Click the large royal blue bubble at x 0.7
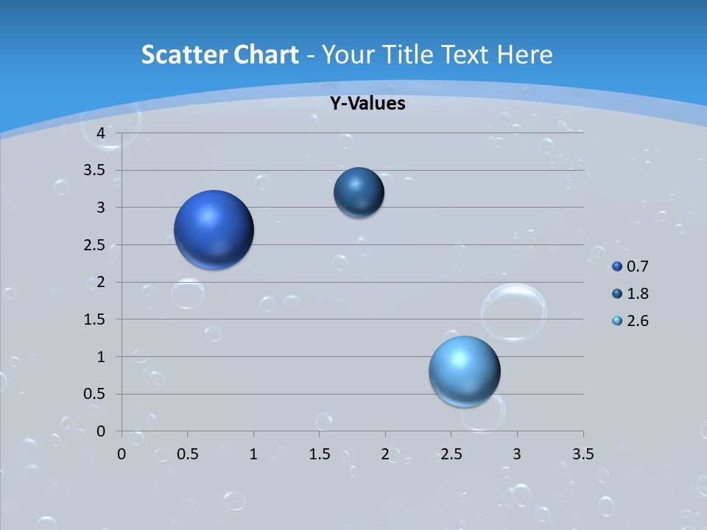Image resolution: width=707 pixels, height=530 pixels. point(214,230)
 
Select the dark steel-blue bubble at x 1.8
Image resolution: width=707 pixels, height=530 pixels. point(359,192)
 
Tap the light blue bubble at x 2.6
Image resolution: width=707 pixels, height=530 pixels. point(465,371)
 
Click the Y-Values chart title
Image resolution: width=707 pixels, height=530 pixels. point(367,104)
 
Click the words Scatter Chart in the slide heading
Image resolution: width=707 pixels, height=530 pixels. point(219,54)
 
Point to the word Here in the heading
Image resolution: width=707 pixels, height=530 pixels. point(525,54)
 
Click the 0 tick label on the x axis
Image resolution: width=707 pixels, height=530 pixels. point(122,454)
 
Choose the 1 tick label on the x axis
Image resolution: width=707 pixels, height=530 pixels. point(253,454)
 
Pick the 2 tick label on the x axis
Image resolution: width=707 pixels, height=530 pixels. point(385,454)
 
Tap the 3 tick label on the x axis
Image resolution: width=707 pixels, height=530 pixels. point(517,454)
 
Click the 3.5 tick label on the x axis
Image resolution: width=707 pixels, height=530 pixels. point(583,454)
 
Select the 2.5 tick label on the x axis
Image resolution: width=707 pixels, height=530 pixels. point(451,454)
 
